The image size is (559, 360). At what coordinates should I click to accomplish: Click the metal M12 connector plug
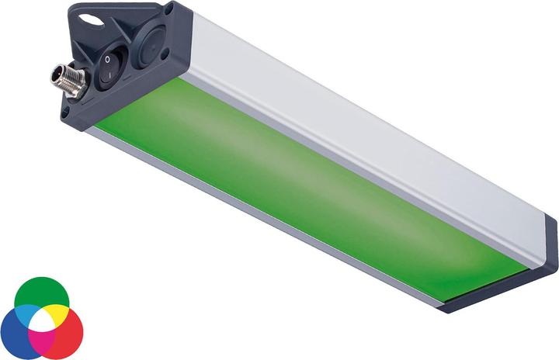(x=66, y=80)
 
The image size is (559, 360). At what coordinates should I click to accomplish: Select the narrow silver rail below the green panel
(x=256, y=225)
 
